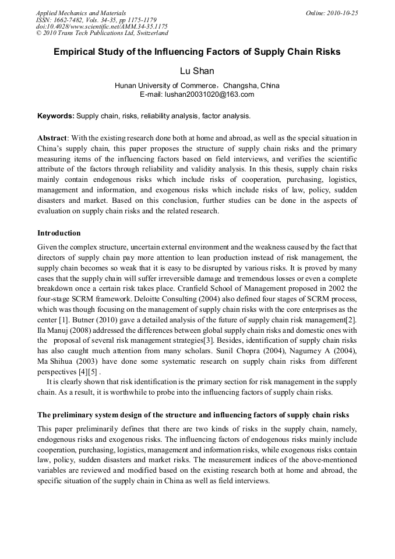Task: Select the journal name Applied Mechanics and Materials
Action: [x=81, y=13]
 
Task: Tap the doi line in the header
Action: [x=101, y=26]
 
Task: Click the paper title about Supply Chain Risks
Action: [x=197, y=52]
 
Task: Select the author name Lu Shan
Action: [x=197, y=71]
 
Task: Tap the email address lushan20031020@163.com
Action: [x=209, y=94]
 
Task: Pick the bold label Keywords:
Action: [x=56, y=116]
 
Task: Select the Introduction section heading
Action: [x=59, y=233]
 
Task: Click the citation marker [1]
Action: [x=70, y=319]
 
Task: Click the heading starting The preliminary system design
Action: [x=193, y=415]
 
